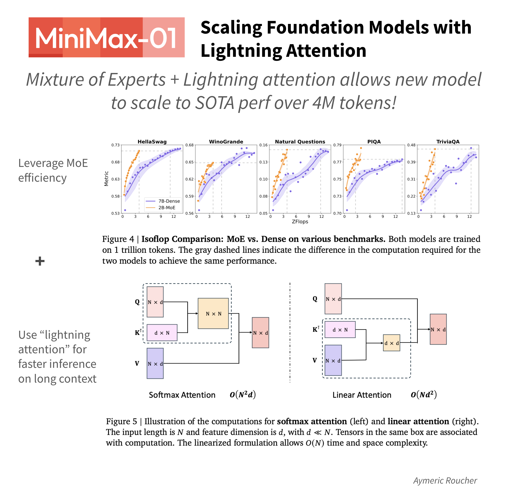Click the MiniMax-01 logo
click(x=106, y=38)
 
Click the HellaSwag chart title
click(x=152, y=142)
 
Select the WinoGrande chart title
click(x=226, y=142)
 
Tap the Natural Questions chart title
click(x=300, y=142)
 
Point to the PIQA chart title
click(x=374, y=142)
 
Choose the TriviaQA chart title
click(x=448, y=142)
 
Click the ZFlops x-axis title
click(x=300, y=221)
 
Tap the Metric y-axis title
click(x=106, y=179)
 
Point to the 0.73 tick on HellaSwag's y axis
click(x=115, y=145)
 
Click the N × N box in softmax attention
click(x=213, y=313)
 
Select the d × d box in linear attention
click(x=391, y=343)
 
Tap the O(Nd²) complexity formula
click(x=424, y=395)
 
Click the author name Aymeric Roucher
click(x=445, y=480)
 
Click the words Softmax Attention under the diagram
click(x=182, y=395)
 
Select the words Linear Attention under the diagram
click(x=362, y=395)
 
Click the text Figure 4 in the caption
click(x=118, y=239)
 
